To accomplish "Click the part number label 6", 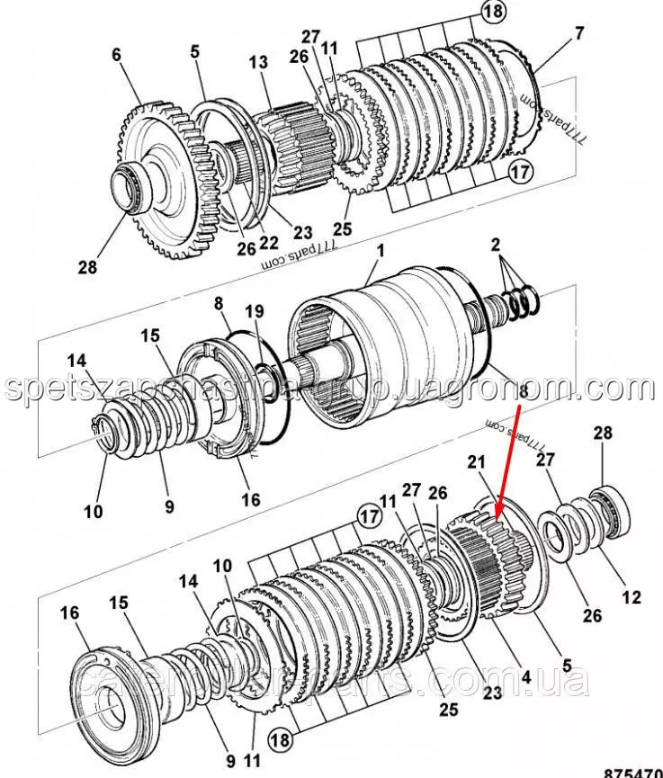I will (x=116, y=55).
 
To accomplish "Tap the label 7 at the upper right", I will (x=579, y=34).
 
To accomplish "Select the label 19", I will (x=255, y=311).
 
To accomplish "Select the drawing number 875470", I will (x=631, y=772).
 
